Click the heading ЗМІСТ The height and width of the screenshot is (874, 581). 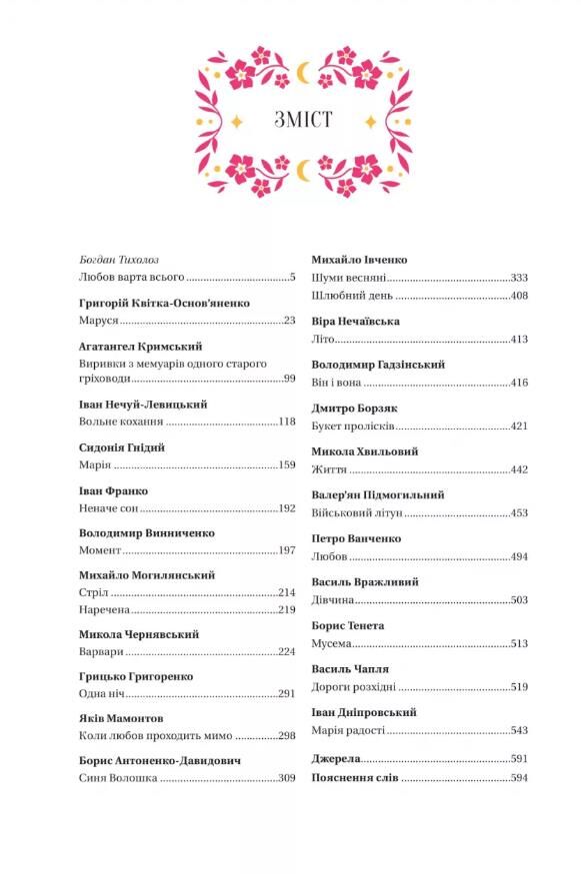coord(303,121)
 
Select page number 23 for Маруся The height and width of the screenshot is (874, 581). coord(289,321)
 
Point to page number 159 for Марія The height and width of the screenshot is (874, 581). coord(286,465)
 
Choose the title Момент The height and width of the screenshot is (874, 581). coord(101,550)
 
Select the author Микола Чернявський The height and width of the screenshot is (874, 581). coord(138,634)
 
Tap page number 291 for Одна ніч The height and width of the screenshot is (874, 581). coord(286,693)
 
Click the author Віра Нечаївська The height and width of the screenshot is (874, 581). coord(355,322)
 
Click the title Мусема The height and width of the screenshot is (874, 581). coord(332,643)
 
